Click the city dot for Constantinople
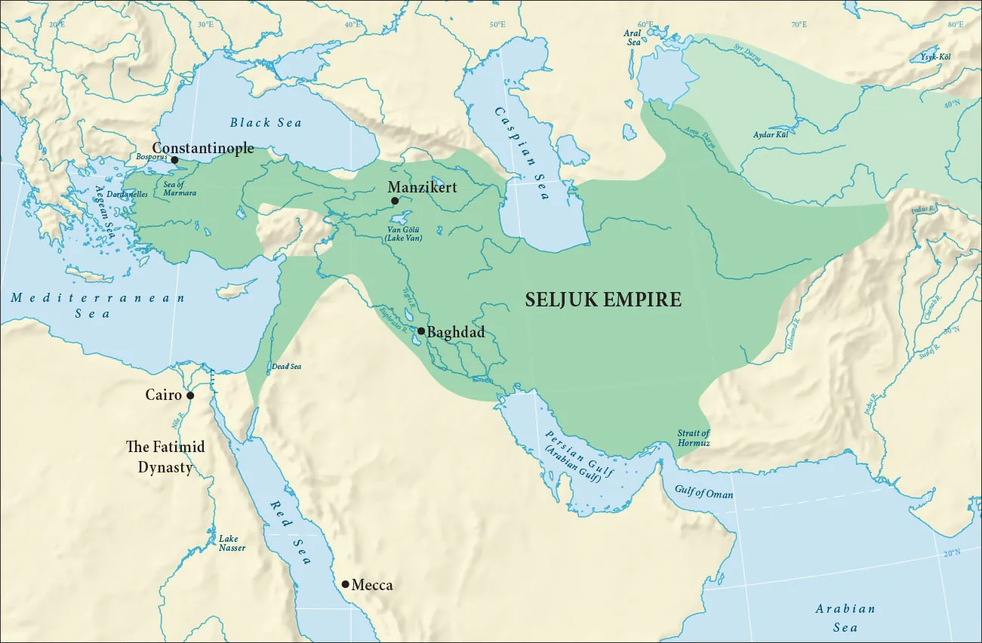(x=174, y=160)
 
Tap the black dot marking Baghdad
(x=421, y=331)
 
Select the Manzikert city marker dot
(x=395, y=201)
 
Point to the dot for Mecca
(x=345, y=584)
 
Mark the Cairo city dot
(x=190, y=395)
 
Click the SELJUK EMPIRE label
(x=603, y=300)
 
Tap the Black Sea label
(x=266, y=123)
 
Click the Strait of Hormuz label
(x=693, y=438)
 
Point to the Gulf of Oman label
(x=704, y=494)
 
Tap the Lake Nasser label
(x=231, y=543)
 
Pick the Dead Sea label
(x=287, y=367)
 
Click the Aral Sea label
(x=632, y=38)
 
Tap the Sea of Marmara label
(x=180, y=189)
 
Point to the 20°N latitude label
(x=952, y=553)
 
